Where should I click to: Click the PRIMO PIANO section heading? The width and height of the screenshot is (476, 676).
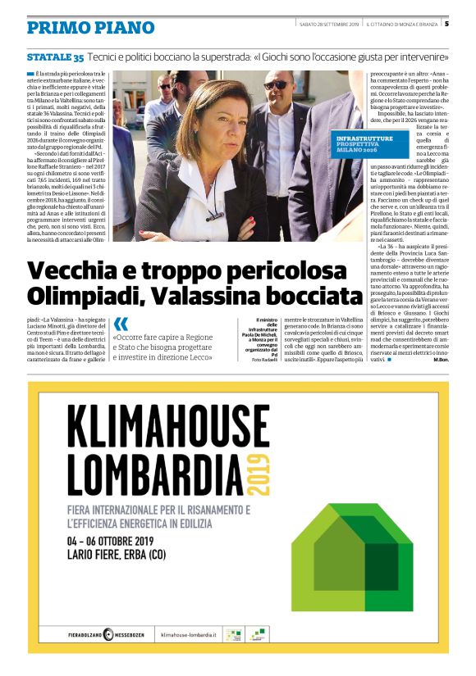90,27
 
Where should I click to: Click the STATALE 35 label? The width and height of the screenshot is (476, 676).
54,57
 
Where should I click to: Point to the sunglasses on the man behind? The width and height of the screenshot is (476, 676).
276,84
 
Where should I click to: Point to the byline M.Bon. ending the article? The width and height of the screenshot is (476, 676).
440,383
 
